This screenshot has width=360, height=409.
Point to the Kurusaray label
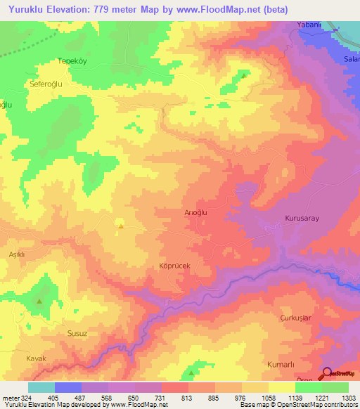(x=302, y=219)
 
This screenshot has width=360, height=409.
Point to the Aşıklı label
(x=17, y=254)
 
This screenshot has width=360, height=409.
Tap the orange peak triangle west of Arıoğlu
(x=121, y=226)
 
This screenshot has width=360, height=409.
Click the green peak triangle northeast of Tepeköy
(x=244, y=74)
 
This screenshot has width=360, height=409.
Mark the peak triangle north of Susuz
(x=39, y=301)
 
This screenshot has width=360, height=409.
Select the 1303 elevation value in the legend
(x=347, y=398)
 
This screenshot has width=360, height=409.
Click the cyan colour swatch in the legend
(x=41, y=387)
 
